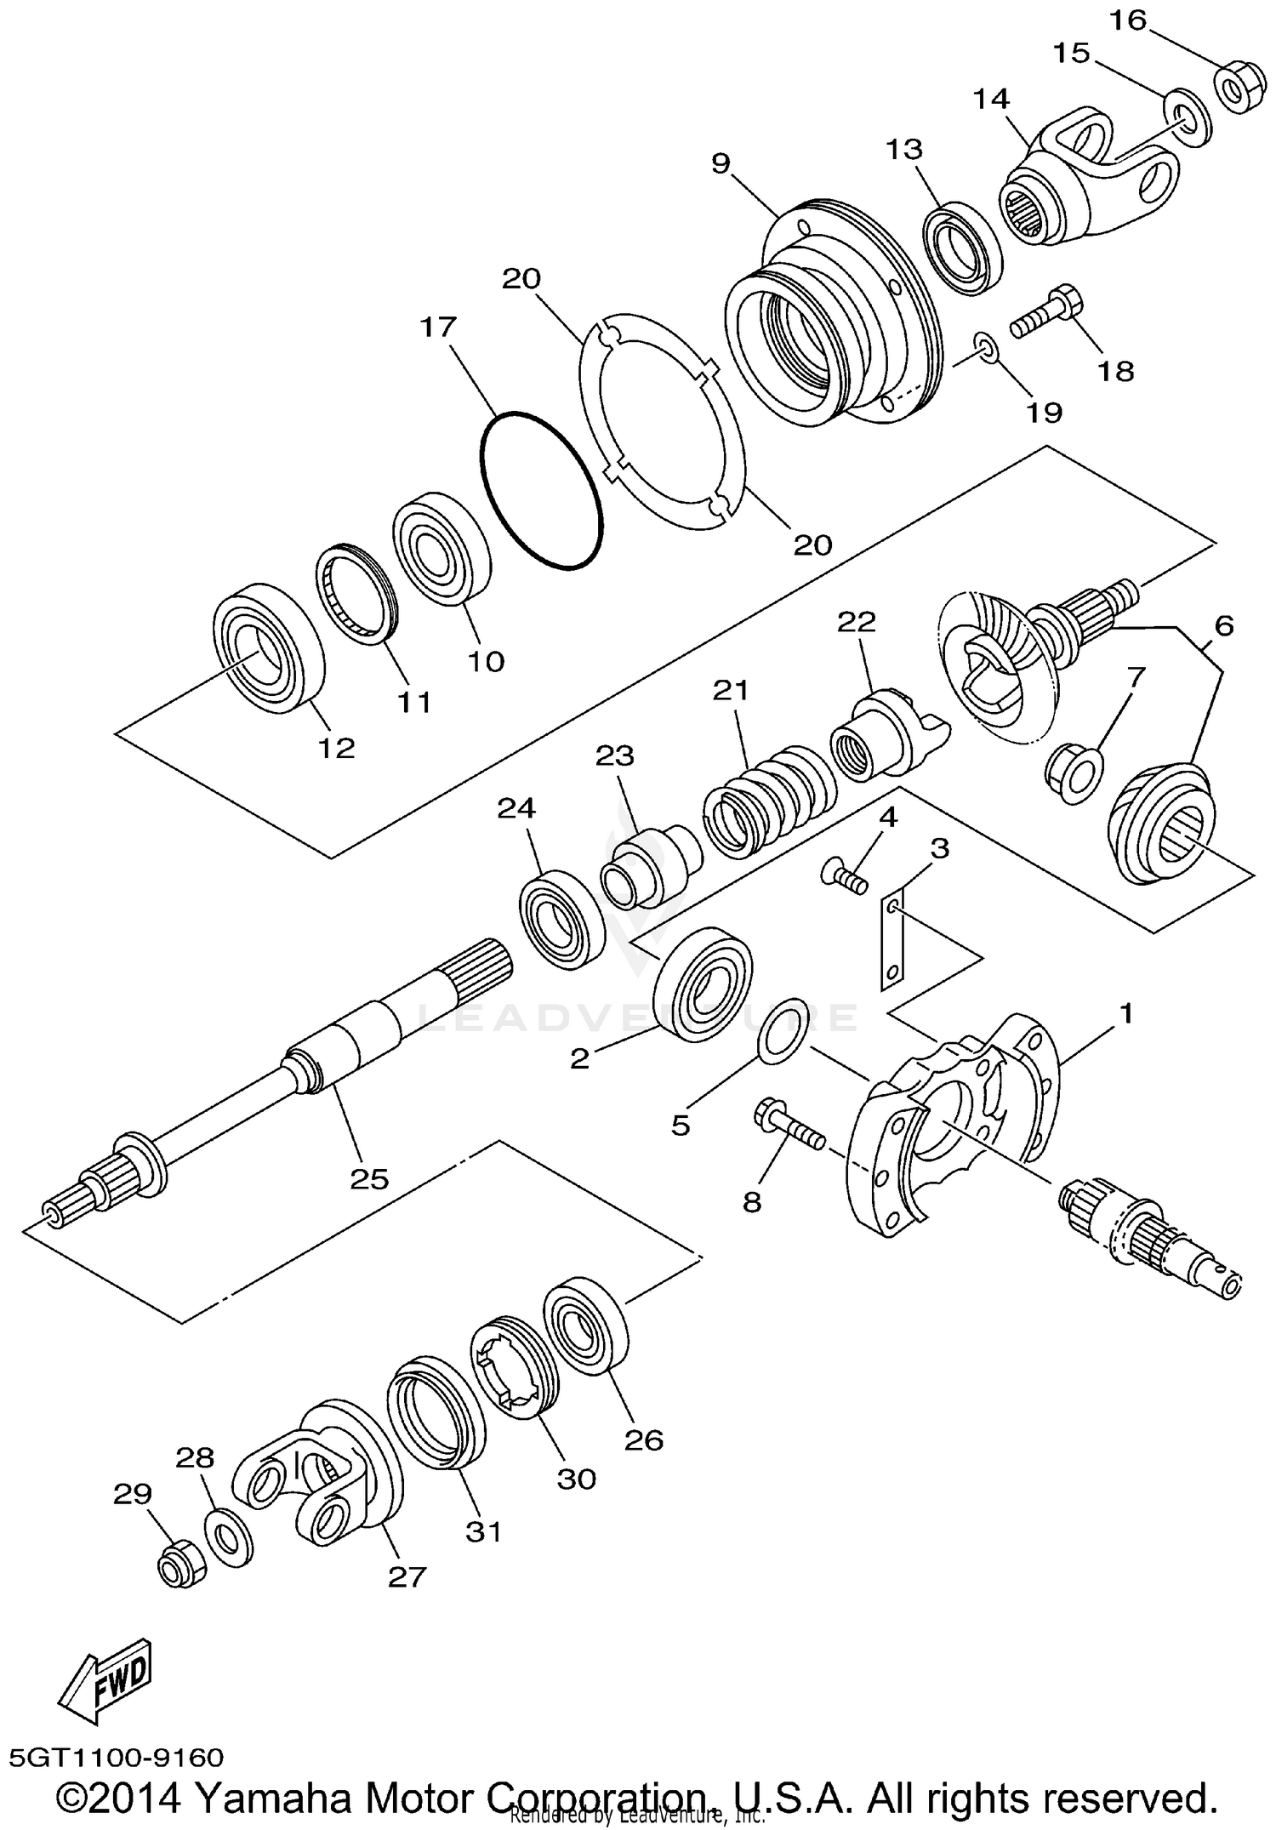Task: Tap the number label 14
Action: [991, 99]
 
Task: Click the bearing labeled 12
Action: [268, 647]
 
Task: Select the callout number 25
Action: [369, 1178]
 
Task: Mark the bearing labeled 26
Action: [585, 1329]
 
